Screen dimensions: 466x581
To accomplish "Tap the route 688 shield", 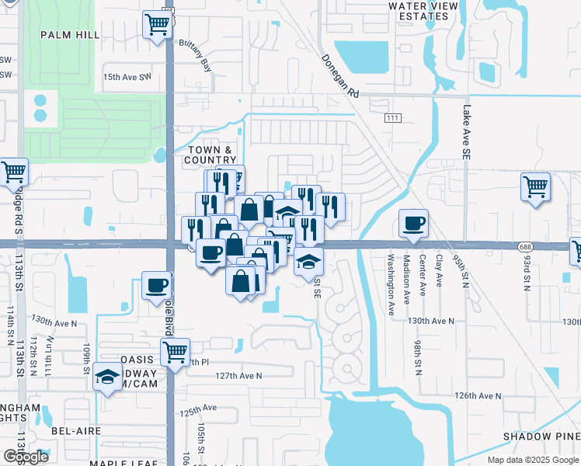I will coord(526,246).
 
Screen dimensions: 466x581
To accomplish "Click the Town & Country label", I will coord(210,155).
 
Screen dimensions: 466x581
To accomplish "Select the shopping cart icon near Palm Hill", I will coord(158,25).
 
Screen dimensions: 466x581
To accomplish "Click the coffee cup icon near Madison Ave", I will coord(412,224).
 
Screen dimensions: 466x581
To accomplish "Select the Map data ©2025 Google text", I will coord(532,460).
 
